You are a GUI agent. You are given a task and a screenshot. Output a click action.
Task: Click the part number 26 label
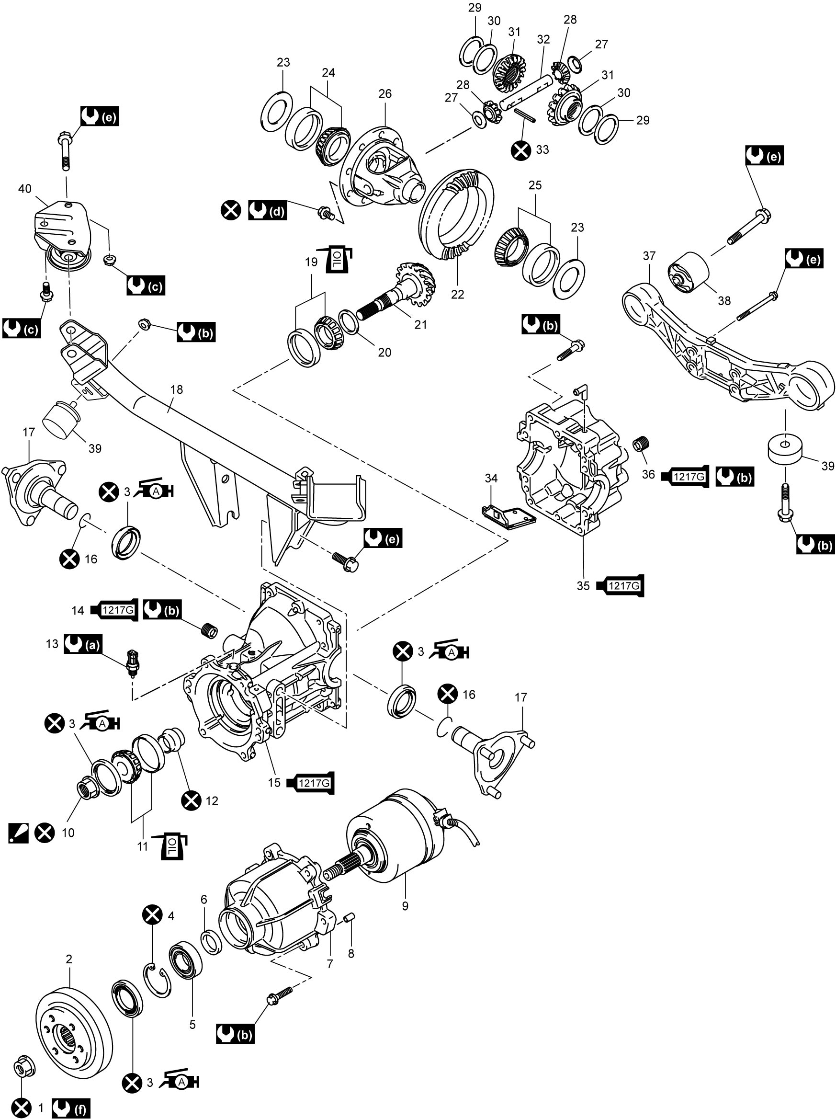pyautogui.click(x=385, y=93)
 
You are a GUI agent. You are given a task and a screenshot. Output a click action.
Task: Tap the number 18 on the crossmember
pyautogui.click(x=177, y=389)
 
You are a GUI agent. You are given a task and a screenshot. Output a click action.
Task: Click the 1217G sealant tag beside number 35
pyautogui.click(x=621, y=586)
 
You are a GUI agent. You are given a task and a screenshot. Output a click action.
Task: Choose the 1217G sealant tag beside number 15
pyautogui.click(x=311, y=783)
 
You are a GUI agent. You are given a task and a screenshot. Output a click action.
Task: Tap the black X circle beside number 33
pyautogui.click(x=521, y=150)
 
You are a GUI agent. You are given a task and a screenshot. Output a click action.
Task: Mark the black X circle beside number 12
pyautogui.click(x=191, y=800)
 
